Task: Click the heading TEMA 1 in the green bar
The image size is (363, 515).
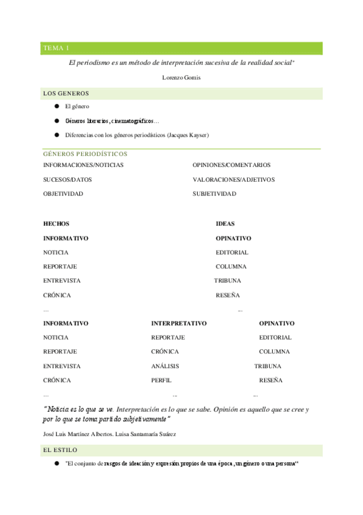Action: [56, 48]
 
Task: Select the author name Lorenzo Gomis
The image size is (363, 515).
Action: [181, 78]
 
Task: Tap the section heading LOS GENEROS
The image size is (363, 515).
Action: [66, 94]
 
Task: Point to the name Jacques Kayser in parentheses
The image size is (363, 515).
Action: [187, 135]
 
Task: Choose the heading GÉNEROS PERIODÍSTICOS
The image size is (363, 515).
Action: [85, 154]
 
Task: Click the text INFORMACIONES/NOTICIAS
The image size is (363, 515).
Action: [84, 165]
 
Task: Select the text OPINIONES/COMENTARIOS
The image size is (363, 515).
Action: [231, 165]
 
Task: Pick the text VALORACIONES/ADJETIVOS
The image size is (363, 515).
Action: [233, 179]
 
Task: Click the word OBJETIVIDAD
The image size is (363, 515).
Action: [63, 194]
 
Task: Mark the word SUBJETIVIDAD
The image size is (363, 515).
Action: [215, 194]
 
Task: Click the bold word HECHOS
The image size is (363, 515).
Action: [56, 223]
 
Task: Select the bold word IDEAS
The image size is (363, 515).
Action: [225, 223]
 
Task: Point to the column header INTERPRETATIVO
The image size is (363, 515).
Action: [179, 324]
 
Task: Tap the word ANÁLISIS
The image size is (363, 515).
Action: [165, 366]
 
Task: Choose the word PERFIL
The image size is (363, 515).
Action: [161, 380]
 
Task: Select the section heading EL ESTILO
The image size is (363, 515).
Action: [60, 450]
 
